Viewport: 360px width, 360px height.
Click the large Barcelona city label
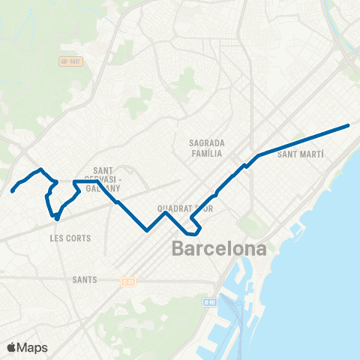[219, 248]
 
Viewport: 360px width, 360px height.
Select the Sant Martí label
[301, 154]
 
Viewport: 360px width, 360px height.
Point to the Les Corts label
[70, 238]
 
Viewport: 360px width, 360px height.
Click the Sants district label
[84, 280]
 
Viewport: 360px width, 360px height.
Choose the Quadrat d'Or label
[185, 208]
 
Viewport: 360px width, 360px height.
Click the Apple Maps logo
[27, 347]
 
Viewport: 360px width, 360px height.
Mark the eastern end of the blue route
[349, 125]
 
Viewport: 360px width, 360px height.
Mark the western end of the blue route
[12, 191]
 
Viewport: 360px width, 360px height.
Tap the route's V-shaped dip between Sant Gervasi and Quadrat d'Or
[148, 230]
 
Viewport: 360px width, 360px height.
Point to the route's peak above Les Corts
[40, 169]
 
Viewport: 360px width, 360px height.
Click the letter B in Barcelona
[180, 248]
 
